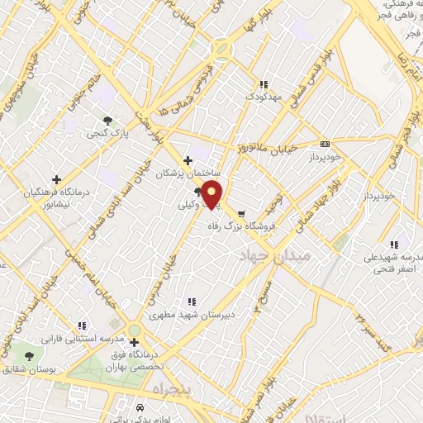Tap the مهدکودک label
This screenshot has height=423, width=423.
(x=264, y=97)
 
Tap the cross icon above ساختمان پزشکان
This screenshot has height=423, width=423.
(x=188, y=160)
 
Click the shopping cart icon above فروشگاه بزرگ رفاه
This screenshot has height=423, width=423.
(x=242, y=211)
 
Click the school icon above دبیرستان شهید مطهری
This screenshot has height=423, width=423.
(x=192, y=302)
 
